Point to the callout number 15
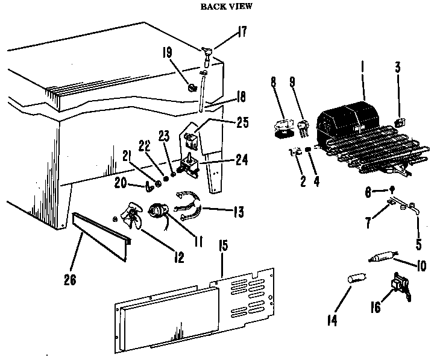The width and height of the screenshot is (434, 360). [222, 247]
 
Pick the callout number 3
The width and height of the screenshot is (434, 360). [397, 68]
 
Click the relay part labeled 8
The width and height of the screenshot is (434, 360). [280, 128]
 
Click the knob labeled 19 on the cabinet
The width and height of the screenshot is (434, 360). [192, 88]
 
